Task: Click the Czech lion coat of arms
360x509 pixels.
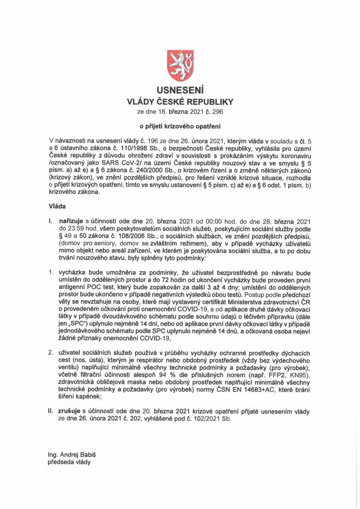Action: pyautogui.click(x=180, y=66)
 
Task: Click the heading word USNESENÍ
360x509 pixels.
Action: pyautogui.click(x=180, y=91)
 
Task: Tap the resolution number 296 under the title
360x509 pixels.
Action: pyautogui.click(x=217, y=112)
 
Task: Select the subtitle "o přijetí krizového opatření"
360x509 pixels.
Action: pyautogui.click(x=180, y=127)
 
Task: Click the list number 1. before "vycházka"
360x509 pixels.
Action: pyautogui.click(x=51, y=273)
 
